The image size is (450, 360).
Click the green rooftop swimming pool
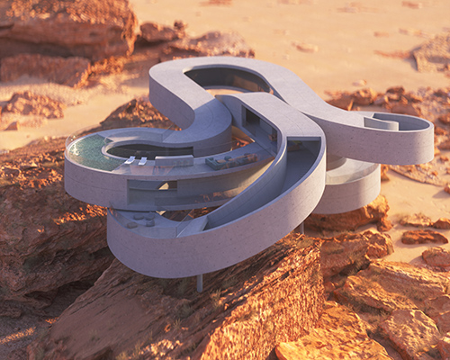coord(90,151)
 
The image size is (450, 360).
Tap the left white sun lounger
coord(130,159)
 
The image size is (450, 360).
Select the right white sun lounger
coord(143,160)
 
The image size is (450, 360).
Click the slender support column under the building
coord(199,283)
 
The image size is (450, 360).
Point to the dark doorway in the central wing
coord(251,118)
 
